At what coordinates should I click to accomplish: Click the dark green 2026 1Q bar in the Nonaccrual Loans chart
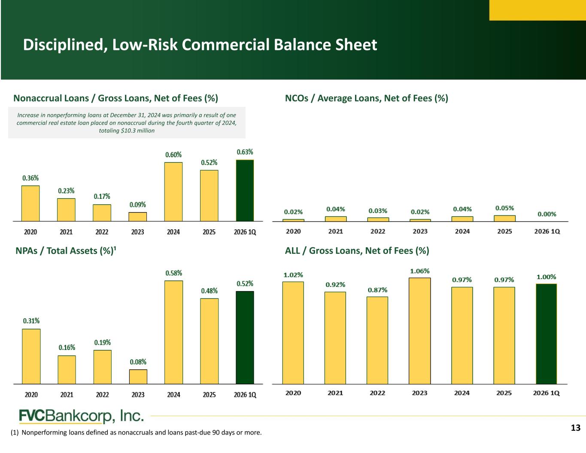click(245, 190)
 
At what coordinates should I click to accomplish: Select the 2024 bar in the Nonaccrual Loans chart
click(173, 192)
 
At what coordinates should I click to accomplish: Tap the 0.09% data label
click(137, 205)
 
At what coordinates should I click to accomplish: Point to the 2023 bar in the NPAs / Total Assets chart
click(138, 377)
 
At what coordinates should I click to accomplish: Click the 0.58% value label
click(174, 273)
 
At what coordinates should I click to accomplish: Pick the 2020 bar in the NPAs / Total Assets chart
click(31, 356)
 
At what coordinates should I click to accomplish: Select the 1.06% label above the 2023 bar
click(419, 271)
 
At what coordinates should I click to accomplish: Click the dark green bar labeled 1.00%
click(547, 334)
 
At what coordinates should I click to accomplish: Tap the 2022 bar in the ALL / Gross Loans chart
click(377, 341)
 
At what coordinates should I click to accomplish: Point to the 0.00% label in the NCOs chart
click(547, 214)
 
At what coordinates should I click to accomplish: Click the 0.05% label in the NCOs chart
click(504, 208)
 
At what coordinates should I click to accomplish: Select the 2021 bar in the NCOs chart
click(336, 219)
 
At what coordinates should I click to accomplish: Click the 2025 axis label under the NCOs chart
click(504, 231)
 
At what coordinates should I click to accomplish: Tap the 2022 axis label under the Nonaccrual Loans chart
click(102, 232)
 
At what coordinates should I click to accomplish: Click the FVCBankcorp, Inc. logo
click(81, 416)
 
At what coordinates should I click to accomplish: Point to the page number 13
click(576, 428)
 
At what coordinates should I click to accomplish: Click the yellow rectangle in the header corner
click(538, 10)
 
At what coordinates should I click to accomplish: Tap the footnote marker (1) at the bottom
click(15, 432)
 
